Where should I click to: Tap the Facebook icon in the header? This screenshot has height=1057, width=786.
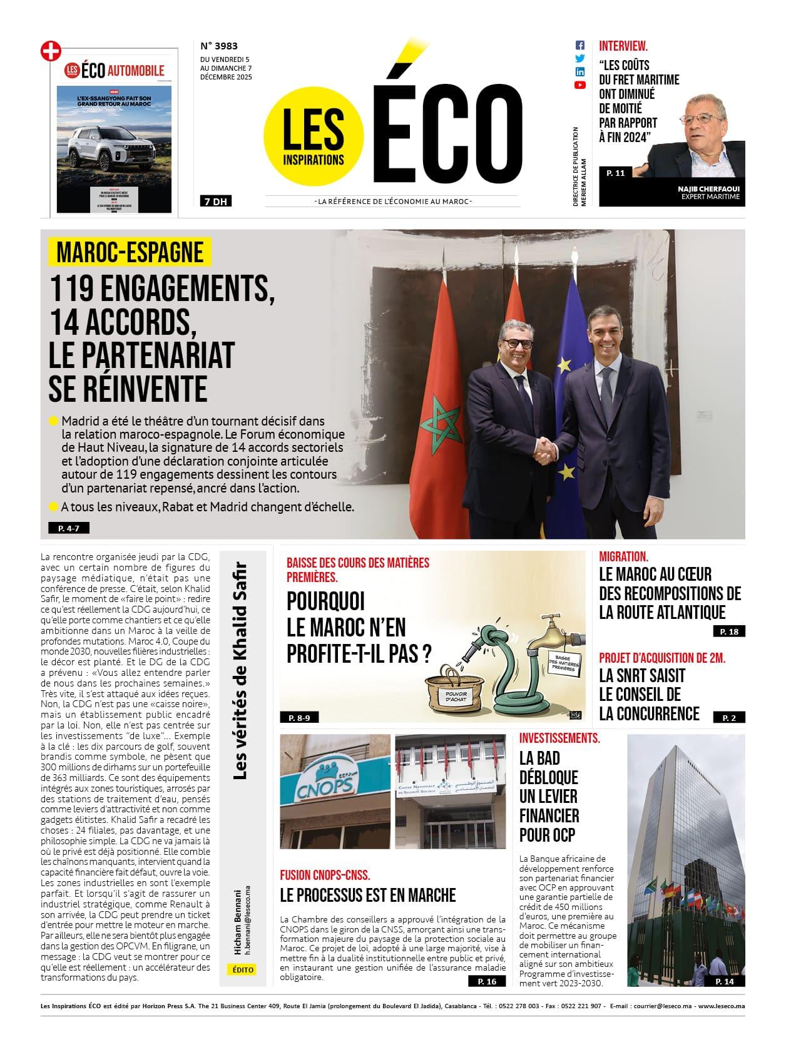[x=580, y=46]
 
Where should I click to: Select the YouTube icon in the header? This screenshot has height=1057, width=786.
[x=580, y=85]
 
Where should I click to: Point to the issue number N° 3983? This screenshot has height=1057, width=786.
[x=219, y=46]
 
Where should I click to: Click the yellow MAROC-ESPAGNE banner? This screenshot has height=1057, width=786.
[x=130, y=252]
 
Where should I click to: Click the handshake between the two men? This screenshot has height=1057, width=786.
[x=549, y=446]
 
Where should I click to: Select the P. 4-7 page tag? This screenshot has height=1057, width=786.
[x=68, y=528]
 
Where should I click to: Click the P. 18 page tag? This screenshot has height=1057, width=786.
[x=729, y=631]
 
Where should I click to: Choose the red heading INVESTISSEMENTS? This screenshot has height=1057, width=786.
[x=559, y=738]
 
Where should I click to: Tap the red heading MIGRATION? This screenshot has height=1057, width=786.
[x=623, y=556]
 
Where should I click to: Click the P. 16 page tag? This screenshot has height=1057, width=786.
[x=486, y=981]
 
